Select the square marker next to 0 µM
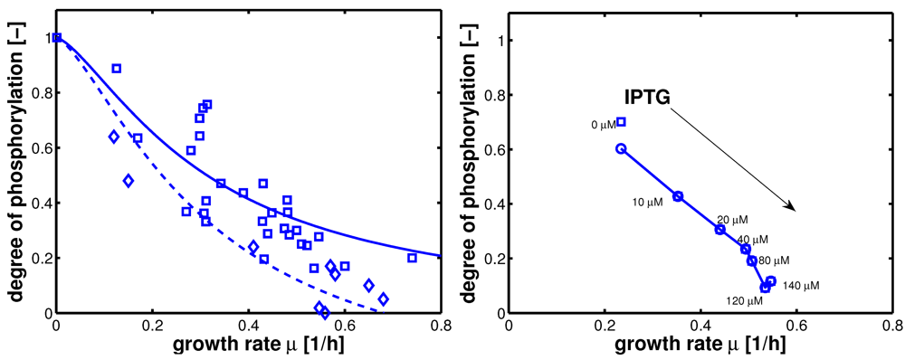pos(621,122)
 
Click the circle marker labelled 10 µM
pos(678,196)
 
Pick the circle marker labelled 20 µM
pos(720,230)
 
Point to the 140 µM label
pos(800,286)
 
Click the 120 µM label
pos(745,299)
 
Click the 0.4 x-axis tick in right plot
pos(700,325)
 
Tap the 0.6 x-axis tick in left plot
pos(344,325)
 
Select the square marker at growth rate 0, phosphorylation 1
pos(57,38)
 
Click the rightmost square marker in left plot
pos(412,258)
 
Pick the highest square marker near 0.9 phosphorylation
pos(116,69)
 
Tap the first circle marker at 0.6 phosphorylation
pos(621,149)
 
